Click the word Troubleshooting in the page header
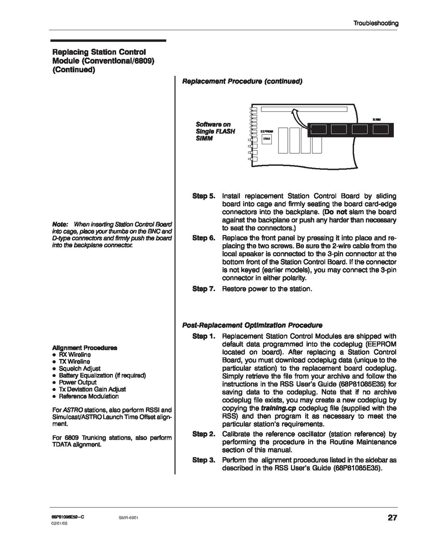point(375,23)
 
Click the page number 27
point(392,518)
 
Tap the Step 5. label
point(203,196)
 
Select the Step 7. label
point(203,289)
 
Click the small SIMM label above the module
point(376,120)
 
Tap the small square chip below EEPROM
point(266,139)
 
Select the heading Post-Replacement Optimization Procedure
point(252,325)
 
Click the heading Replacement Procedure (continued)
point(242,81)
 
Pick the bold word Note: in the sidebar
point(60,225)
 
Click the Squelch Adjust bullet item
point(79,368)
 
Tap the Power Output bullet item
point(78,382)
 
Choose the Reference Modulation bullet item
point(89,396)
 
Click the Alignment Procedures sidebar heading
point(85,347)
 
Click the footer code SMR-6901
point(128,518)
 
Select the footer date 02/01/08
point(60,524)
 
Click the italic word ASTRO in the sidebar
point(70,410)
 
